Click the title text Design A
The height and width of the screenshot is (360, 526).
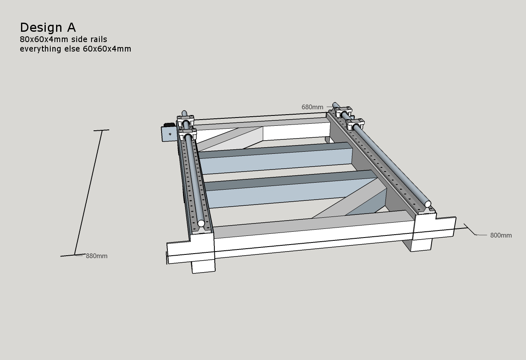(48, 28)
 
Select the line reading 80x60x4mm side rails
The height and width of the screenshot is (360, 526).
(63, 40)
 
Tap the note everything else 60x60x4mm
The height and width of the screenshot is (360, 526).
(75, 49)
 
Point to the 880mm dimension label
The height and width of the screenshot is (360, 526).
(96, 256)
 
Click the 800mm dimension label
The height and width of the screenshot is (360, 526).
(501, 235)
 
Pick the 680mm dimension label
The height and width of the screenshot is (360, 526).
(312, 107)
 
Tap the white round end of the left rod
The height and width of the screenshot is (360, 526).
(201, 224)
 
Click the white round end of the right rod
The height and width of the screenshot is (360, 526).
(428, 204)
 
